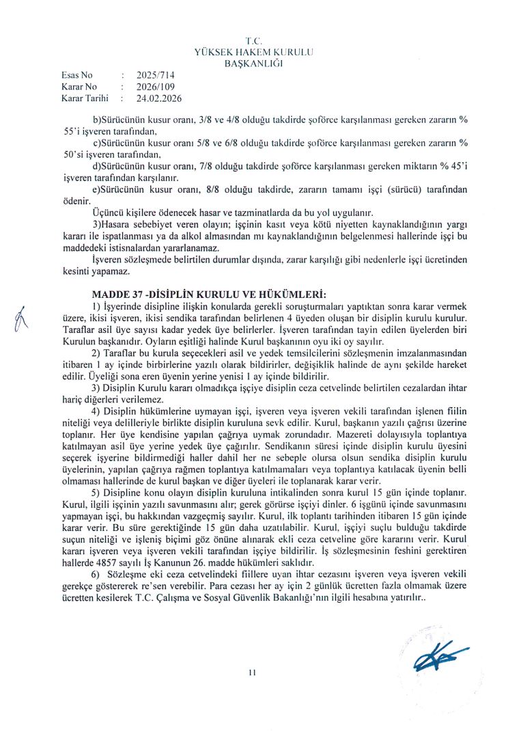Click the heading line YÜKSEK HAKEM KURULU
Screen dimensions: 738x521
pyautogui.click(x=253, y=53)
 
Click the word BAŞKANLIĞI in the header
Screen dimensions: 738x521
pyautogui.click(x=253, y=64)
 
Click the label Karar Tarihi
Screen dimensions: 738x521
pyautogui.click(x=85, y=98)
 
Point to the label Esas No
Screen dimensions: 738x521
pyautogui.click(x=76, y=75)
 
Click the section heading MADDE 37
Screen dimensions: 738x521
pyautogui.click(x=113, y=294)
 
